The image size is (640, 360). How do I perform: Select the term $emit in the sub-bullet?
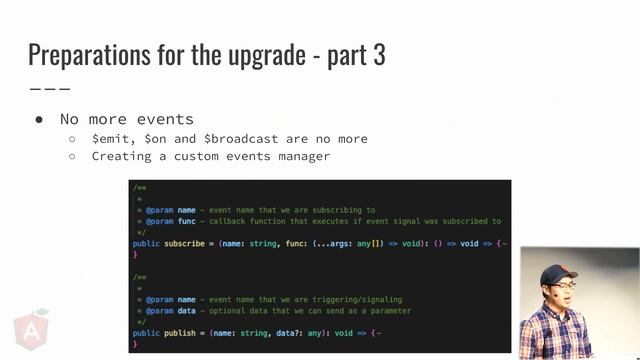click(x=111, y=139)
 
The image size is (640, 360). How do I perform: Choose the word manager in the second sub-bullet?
click(x=303, y=156)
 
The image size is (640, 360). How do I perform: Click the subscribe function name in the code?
click(x=186, y=243)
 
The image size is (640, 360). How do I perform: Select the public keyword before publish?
click(x=145, y=333)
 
